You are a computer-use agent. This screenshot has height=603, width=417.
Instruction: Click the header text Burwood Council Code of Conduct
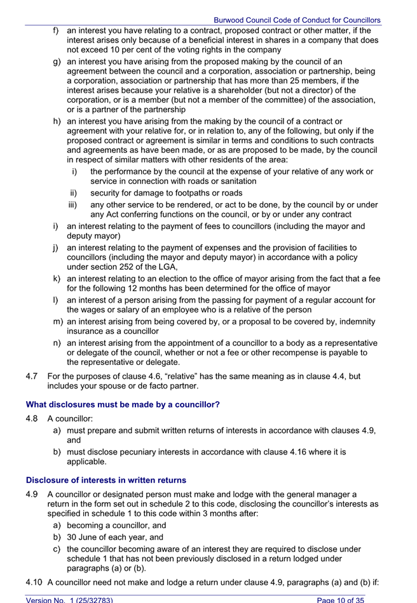(297, 20)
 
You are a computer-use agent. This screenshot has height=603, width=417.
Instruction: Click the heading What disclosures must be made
(123, 404)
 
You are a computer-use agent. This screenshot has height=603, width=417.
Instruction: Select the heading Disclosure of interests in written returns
(106, 480)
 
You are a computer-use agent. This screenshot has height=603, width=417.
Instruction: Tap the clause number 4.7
(32, 376)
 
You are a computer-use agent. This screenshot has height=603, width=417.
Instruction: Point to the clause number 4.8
(32, 419)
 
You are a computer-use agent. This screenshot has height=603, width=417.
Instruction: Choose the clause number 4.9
(32, 494)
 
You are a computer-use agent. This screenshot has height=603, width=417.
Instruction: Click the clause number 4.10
(34, 582)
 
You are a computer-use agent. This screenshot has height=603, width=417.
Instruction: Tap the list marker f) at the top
(56, 30)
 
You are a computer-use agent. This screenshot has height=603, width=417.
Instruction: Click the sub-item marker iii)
(74, 205)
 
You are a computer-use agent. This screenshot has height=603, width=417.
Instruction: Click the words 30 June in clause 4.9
(85, 537)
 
